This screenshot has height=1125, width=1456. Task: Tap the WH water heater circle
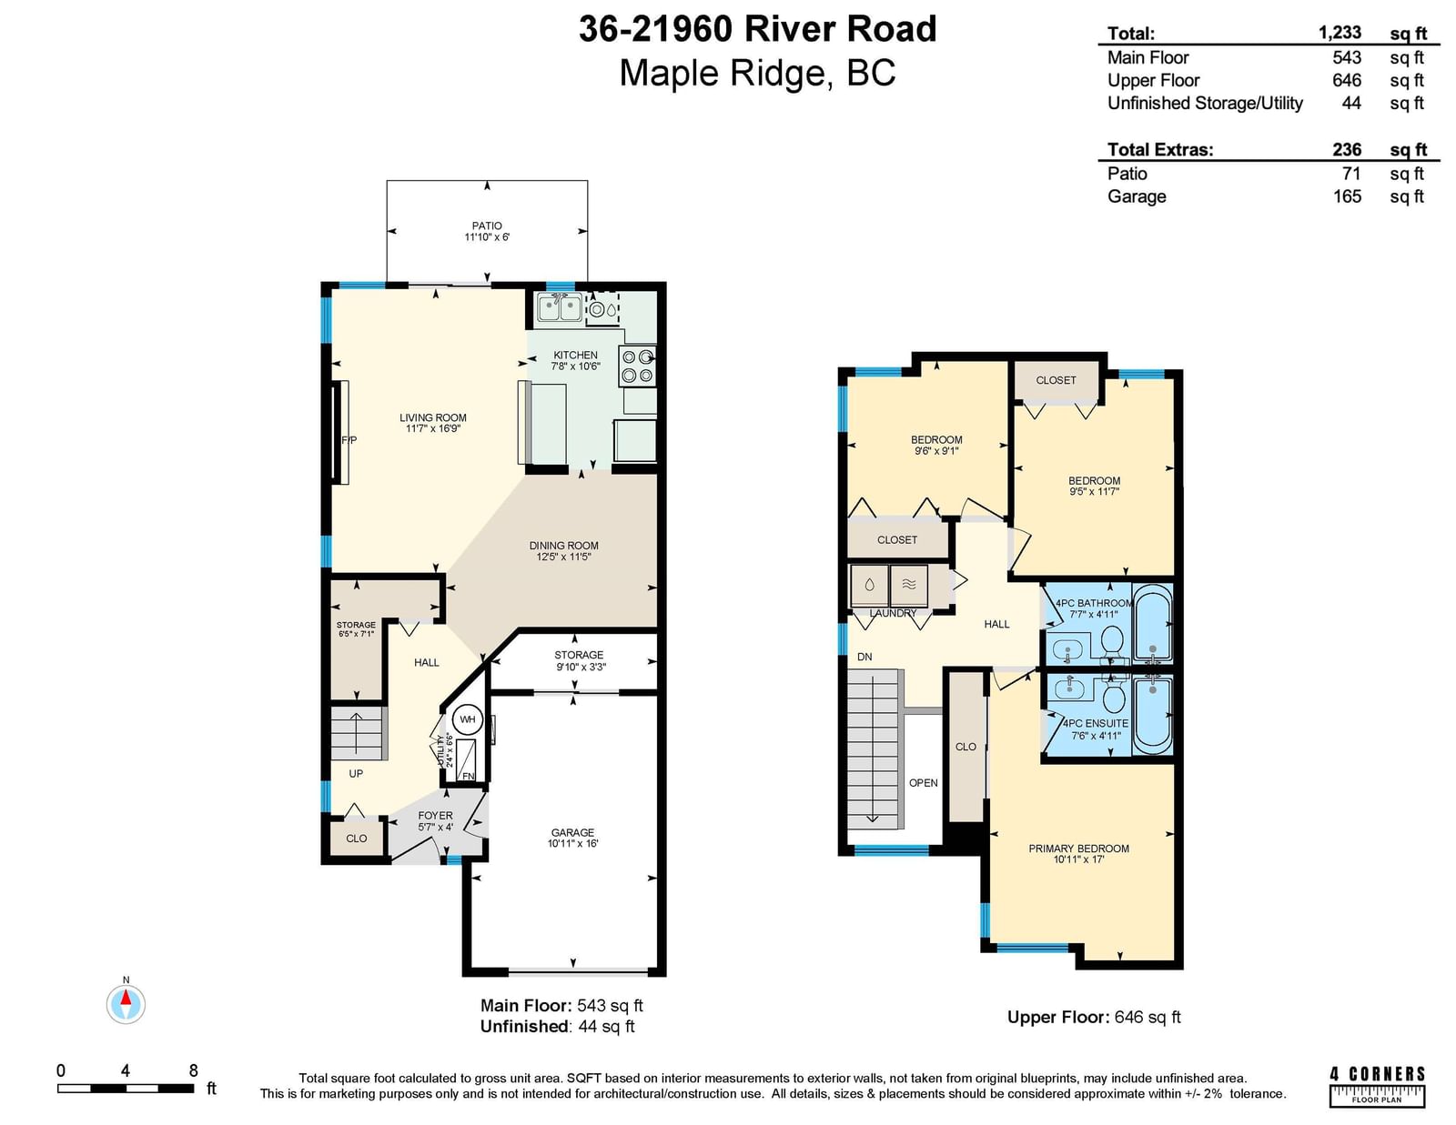pyautogui.click(x=467, y=719)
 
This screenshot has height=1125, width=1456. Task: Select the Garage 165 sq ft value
pyautogui.click(x=1347, y=196)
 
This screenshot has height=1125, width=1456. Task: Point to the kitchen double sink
pyautogui.click(x=560, y=308)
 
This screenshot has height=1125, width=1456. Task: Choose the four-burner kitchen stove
pyautogui.click(x=637, y=366)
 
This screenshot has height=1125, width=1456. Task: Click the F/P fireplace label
pyautogui.click(x=349, y=440)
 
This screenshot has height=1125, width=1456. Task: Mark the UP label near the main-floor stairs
pyautogui.click(x=356, y=773)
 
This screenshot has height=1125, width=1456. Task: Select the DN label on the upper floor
pyautogui.click(x=864, y=657)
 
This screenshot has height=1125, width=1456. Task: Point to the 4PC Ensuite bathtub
pyautogui.click(x=1152, y=715)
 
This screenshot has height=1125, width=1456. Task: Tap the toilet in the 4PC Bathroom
pyautogui.click(x=1113, y=638)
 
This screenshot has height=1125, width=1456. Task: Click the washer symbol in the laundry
pyautogui.click(x=869, y=586)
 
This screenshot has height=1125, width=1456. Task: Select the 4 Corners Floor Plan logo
pyautogui.click(x=1377, y=1086)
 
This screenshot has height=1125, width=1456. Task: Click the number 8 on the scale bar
pyautogui.click(x=194, y=1070)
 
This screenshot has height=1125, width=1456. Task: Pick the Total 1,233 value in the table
pyautogui.click(x=1340, y=32)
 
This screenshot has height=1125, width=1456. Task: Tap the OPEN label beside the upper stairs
pyautogui.click(x=923, y=783)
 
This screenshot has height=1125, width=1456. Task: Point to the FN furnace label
pyautogui.click(x=469, y=776)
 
